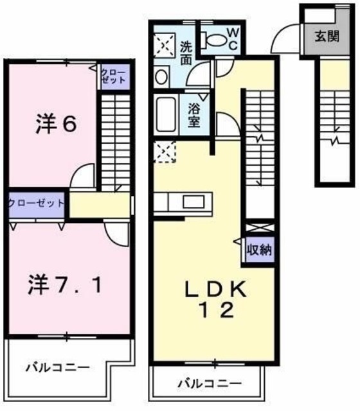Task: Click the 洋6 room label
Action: pyautogui.click(x=57, y=125)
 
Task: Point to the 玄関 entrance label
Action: pyautogui.click(x=327, y=37)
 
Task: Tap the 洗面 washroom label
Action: pyautogui.click(x=186, y=53)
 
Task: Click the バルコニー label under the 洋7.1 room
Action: pyautogui.click(x=57, y=367)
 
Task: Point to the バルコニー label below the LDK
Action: pyautogui.click(x=210, y=383)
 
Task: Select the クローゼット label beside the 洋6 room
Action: pyautogui.click(x=113, y=76)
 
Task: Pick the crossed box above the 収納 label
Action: pyautogui.click(x=258, y=228)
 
